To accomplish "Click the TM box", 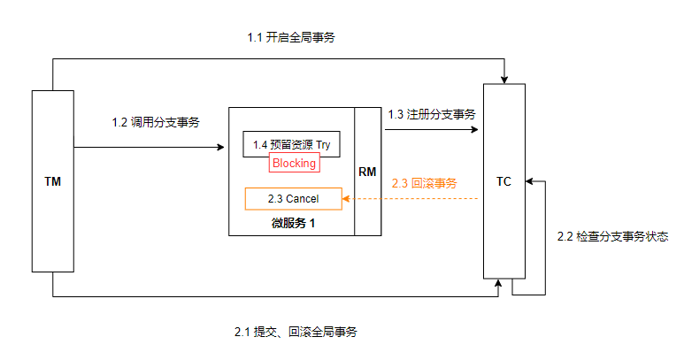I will (52, 180).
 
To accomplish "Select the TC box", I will (503, 180).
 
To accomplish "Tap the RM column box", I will (368, 172).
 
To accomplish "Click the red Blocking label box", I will (294, 164).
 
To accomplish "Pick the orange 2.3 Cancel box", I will (293, 199).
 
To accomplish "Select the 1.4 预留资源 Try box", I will (291, 144).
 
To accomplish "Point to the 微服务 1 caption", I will (293, 223).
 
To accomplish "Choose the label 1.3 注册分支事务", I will (432, 114).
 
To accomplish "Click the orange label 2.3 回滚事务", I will (424, 184).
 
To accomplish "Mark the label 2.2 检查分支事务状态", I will (611, 237).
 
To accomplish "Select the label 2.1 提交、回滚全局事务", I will (296, 332).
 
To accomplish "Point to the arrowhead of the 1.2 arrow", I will (221, 146).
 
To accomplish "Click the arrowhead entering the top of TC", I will (503, 78).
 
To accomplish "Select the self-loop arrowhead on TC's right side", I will (529, 180).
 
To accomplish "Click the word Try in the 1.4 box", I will (323, 144).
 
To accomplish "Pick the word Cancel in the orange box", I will (302, 199).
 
